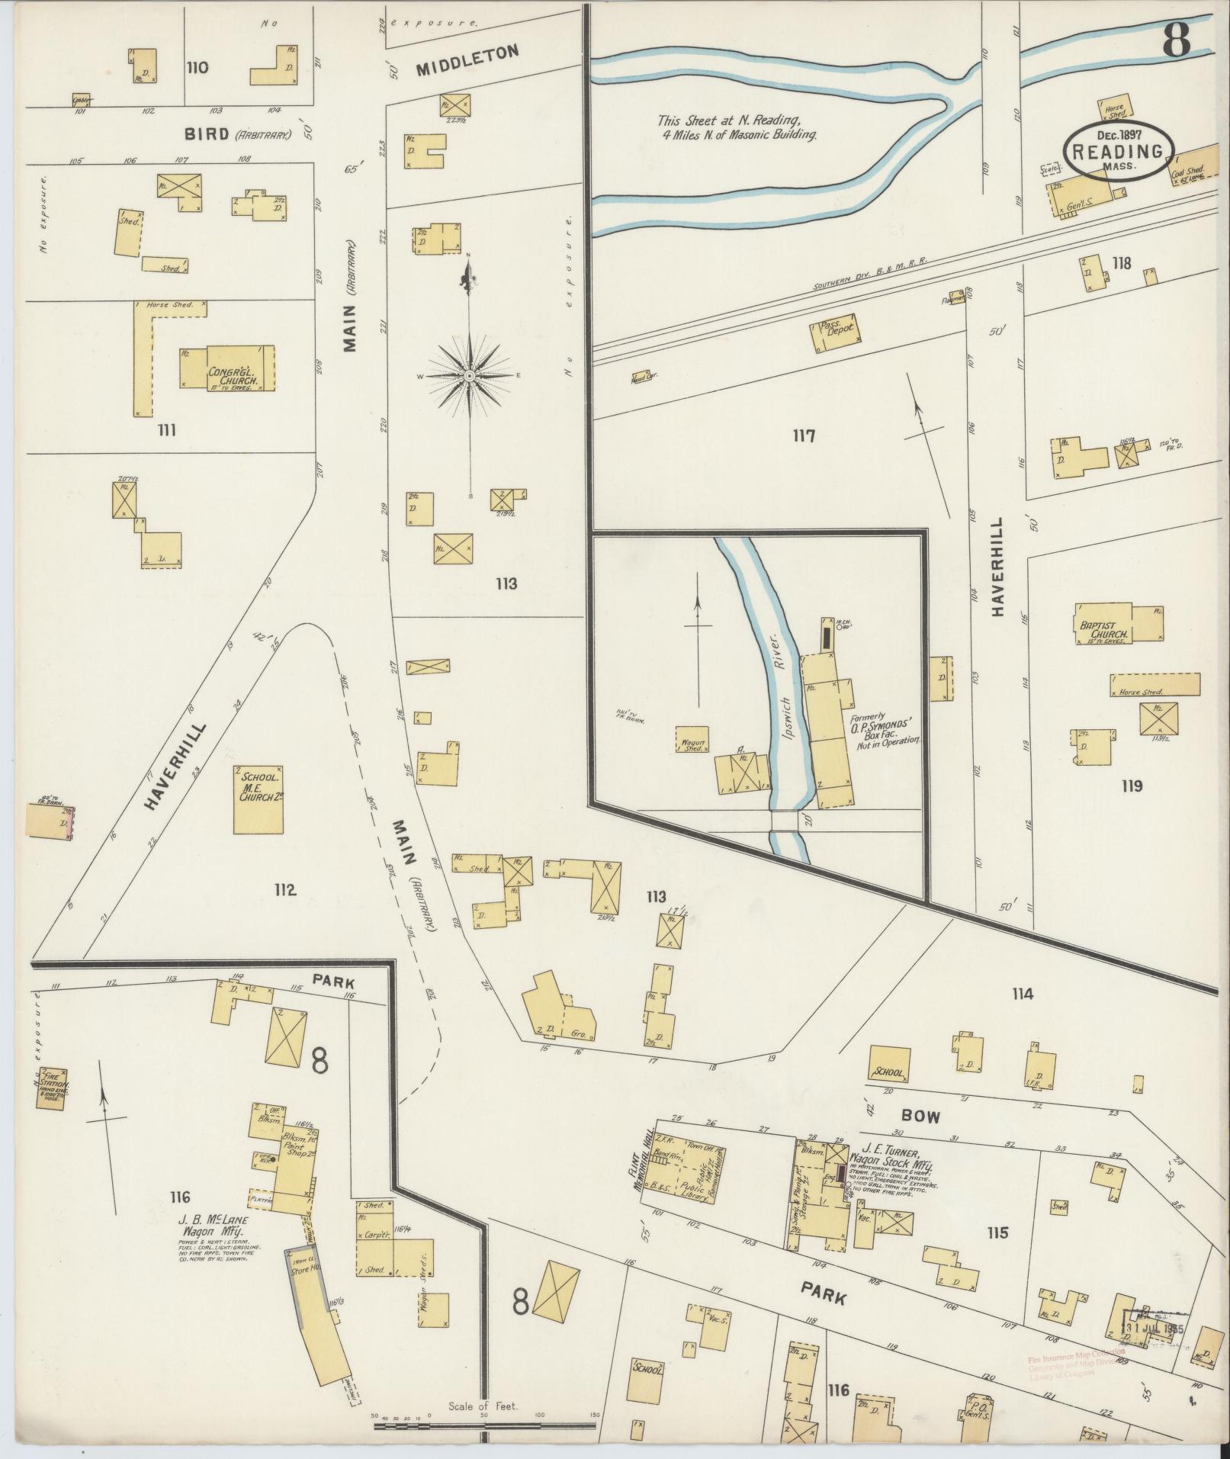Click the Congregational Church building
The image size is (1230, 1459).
[x=226, y=368]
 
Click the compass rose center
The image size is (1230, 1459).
[x=470, y=376]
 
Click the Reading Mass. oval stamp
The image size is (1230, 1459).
[x=1118, y=151]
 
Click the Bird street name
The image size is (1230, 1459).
[x=207, y=134]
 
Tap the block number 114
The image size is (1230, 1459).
[x=1022, y=994]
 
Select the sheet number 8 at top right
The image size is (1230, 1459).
[x=1177, y=39]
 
